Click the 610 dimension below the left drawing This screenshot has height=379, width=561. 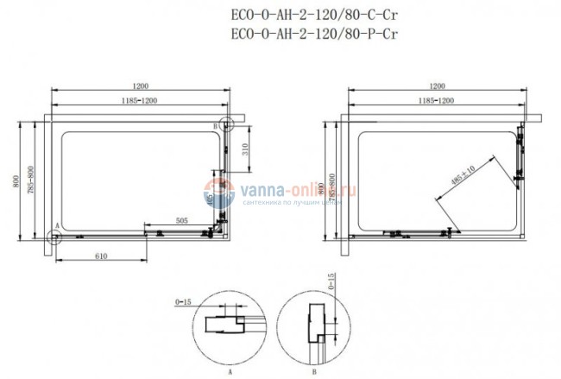click(x=101, y=257)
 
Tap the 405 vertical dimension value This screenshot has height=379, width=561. click(x=210, y=200)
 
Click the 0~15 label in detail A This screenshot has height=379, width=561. click(x=182, y=303)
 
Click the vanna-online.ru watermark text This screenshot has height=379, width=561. click(x=285, y=195)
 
